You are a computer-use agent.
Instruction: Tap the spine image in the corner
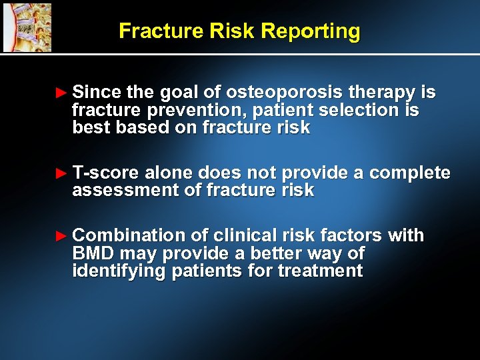click(x=27, y=27)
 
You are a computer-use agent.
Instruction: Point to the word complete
click(x=409, y=173)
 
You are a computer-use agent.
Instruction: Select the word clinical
click(x=243, y=235)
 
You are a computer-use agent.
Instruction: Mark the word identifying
click(x=119, y=271)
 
